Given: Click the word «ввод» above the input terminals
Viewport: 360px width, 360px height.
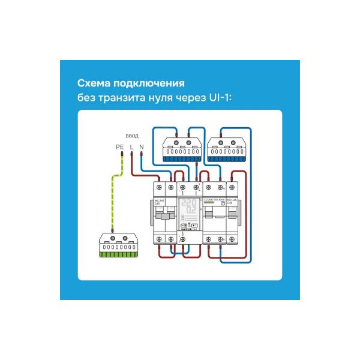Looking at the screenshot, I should tap(132, 136).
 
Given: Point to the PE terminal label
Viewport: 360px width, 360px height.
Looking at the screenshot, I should tap(119, 147).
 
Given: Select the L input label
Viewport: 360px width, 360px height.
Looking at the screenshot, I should tap(131, 147).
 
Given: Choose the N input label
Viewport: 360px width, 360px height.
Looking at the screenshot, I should tap(141, 147).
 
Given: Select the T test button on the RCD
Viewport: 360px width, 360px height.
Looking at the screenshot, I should tap(223, 203).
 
